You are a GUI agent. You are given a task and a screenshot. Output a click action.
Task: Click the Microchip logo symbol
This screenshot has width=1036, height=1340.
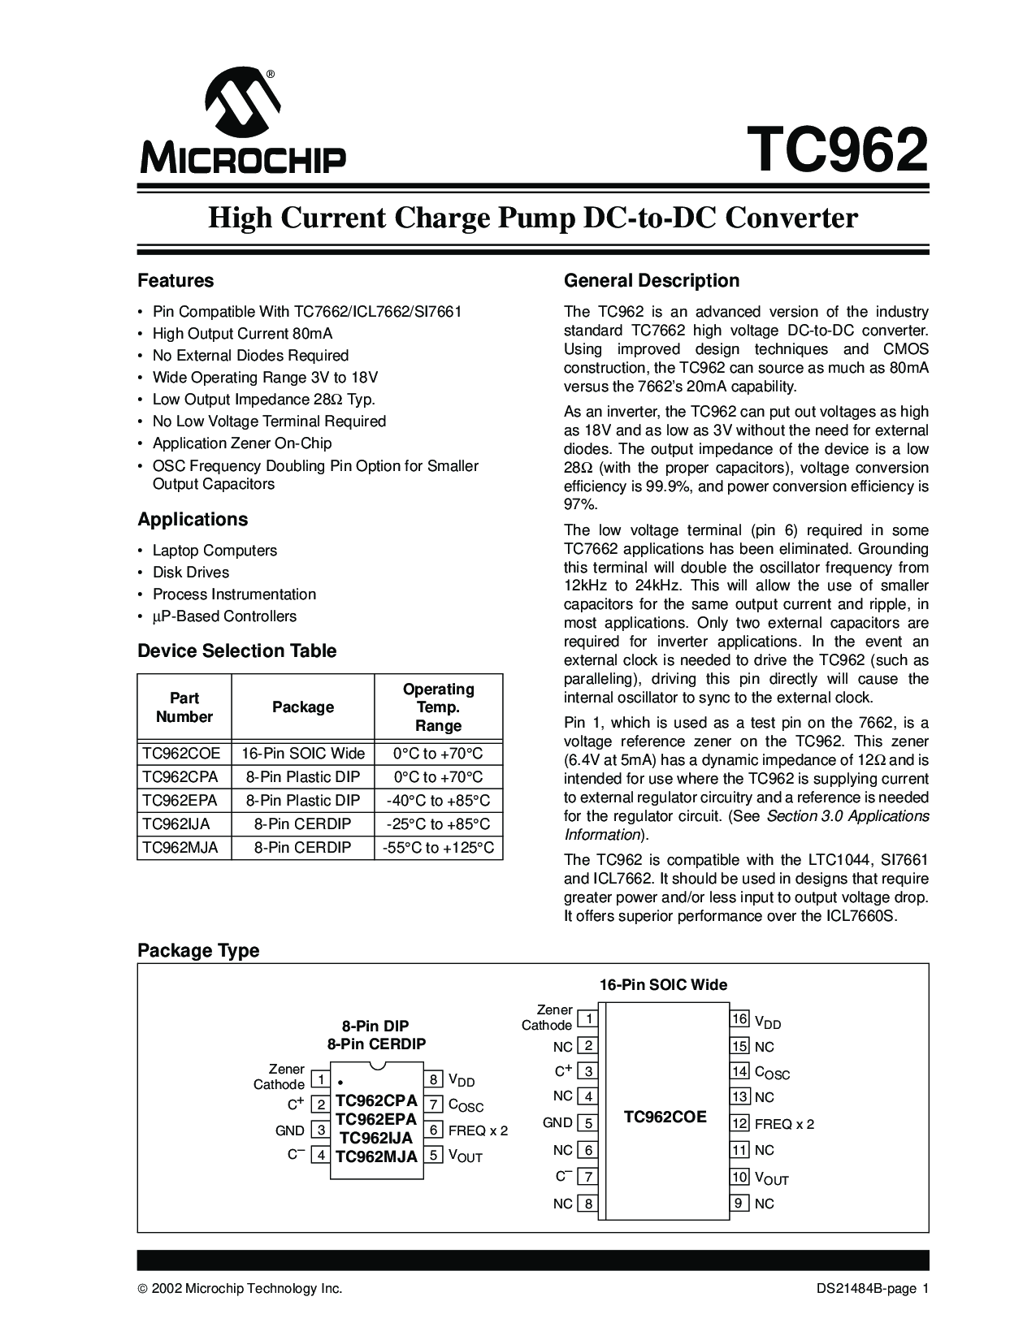[243, 102]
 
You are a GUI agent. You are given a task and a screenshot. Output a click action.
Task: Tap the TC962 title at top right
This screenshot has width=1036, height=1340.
[838, 150]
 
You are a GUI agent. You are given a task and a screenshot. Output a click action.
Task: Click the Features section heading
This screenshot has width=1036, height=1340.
[176, 281]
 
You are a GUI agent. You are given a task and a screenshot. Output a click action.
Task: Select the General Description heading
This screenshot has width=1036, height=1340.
[652, 281]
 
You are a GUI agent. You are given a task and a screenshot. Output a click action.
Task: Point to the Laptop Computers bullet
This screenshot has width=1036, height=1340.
[215, 551]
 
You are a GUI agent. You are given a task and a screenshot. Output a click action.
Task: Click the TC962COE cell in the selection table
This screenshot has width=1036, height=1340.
[181, 753]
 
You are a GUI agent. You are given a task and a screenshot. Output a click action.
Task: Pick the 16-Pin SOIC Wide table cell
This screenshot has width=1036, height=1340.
[303, 753]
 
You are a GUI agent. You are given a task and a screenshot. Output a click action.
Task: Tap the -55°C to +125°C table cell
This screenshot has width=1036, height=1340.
[438, 848]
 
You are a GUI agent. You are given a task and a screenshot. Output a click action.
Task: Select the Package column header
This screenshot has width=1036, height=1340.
[303, 707]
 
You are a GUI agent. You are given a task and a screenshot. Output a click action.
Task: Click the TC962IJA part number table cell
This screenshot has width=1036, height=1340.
[176, 823]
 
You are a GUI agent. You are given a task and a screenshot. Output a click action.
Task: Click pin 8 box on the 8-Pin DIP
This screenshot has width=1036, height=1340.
[434, 1079]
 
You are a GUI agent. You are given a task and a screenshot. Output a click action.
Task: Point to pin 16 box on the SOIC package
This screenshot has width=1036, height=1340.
[739, 1019]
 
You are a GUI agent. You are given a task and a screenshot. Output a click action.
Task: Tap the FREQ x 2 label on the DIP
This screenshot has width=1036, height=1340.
[478, 1130]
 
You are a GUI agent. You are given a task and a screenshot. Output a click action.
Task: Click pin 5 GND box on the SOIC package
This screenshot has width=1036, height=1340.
[587, 1123]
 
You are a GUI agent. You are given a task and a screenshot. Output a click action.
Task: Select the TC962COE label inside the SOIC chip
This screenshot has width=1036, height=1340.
[665, 1117]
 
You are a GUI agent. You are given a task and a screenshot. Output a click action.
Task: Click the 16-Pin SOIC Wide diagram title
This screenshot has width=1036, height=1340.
[663, 985]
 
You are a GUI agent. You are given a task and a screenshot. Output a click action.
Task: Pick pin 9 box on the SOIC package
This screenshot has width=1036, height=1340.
[739, 1203]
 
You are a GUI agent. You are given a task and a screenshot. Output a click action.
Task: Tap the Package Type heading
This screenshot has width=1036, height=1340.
[198, 950]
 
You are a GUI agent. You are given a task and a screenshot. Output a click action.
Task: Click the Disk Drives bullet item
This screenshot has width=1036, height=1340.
[191, 573]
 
